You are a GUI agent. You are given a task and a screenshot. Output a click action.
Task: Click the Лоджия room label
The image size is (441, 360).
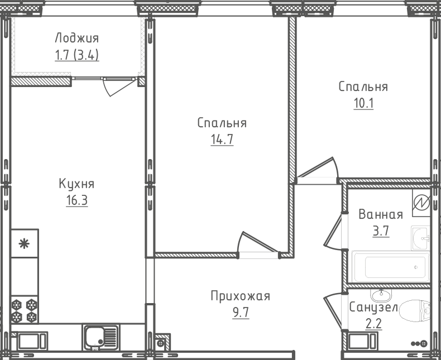click(x=76, y=39)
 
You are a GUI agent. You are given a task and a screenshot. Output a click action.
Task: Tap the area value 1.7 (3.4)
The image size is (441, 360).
click(x=76, y=55)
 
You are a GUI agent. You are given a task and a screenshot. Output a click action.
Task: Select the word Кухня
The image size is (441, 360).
click(x=76, y=184)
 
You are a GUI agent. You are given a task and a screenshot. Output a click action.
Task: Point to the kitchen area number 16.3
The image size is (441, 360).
click(x=76, y=200)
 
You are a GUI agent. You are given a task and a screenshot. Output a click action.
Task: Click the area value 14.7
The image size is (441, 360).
click(x=222, y=140)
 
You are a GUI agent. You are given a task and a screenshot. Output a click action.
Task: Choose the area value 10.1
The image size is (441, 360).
click(x=363, y=104)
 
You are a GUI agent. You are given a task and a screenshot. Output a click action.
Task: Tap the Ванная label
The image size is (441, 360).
click(x=381, y=215)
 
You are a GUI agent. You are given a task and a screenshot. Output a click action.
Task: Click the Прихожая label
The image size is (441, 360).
click(x=240, y=296)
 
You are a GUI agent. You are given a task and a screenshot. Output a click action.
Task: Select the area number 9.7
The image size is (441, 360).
click(x=240, y=313)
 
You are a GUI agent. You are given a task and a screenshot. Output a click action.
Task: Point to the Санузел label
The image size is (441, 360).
click(x=373, y=308)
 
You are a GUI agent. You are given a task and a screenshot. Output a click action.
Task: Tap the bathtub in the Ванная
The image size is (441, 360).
click(x=391, y=267)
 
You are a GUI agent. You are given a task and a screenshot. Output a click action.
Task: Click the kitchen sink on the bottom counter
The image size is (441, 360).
click(x=100, y=337)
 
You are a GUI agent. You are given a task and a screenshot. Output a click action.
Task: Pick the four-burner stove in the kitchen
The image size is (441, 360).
click(x=25, y=311)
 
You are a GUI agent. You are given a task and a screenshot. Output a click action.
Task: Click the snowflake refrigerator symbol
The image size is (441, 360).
click(x=24, y=243)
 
